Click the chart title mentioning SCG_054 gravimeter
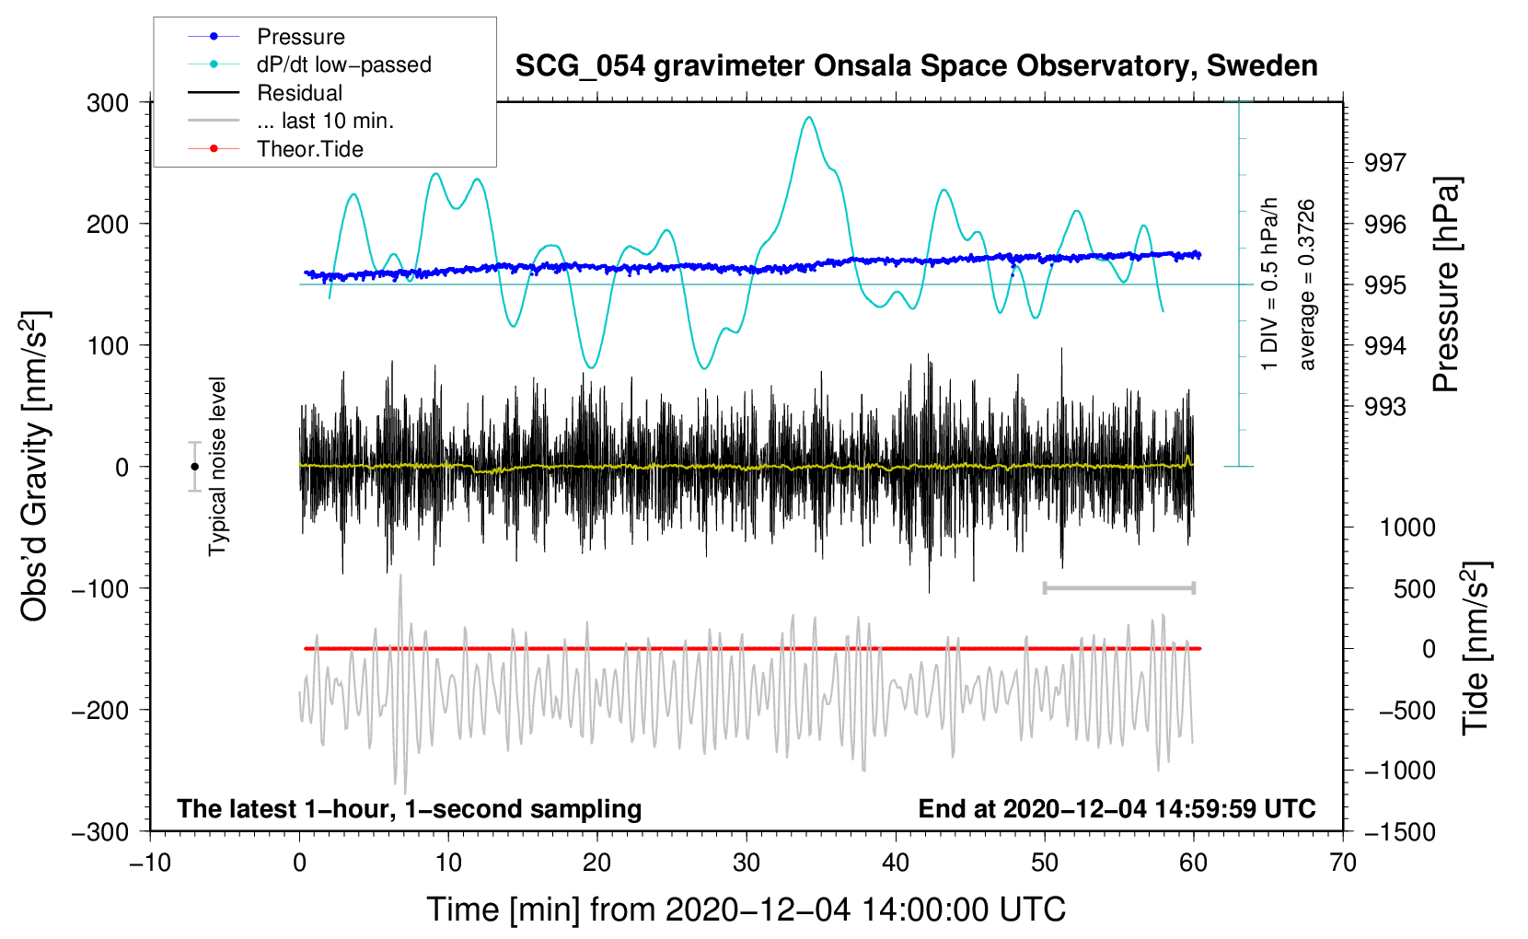tap(916, 66)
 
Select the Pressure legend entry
tap(267, 36)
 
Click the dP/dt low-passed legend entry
tap(309, 64)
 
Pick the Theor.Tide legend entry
tap(275, 149)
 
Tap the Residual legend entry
tap(265, 93)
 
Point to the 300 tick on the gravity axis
tap(108, 103)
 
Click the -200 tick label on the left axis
tap(100, 711)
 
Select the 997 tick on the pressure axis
tap(1385, 163)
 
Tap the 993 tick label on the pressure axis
tap(1385, 407)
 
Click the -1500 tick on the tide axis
tap(1399, 832)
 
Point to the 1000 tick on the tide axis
tap(1407, 527)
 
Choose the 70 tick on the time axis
tap(1343, 863)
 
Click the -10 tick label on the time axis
tap(150, 863)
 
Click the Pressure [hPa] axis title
tap(1446, 284)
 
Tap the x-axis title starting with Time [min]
tap(747, 910)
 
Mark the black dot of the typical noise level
tap(194, 467)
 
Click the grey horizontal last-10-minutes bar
tap(1118, 587)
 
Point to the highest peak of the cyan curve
tap(809, 117)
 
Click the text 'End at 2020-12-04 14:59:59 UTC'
tap(1117, 808)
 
